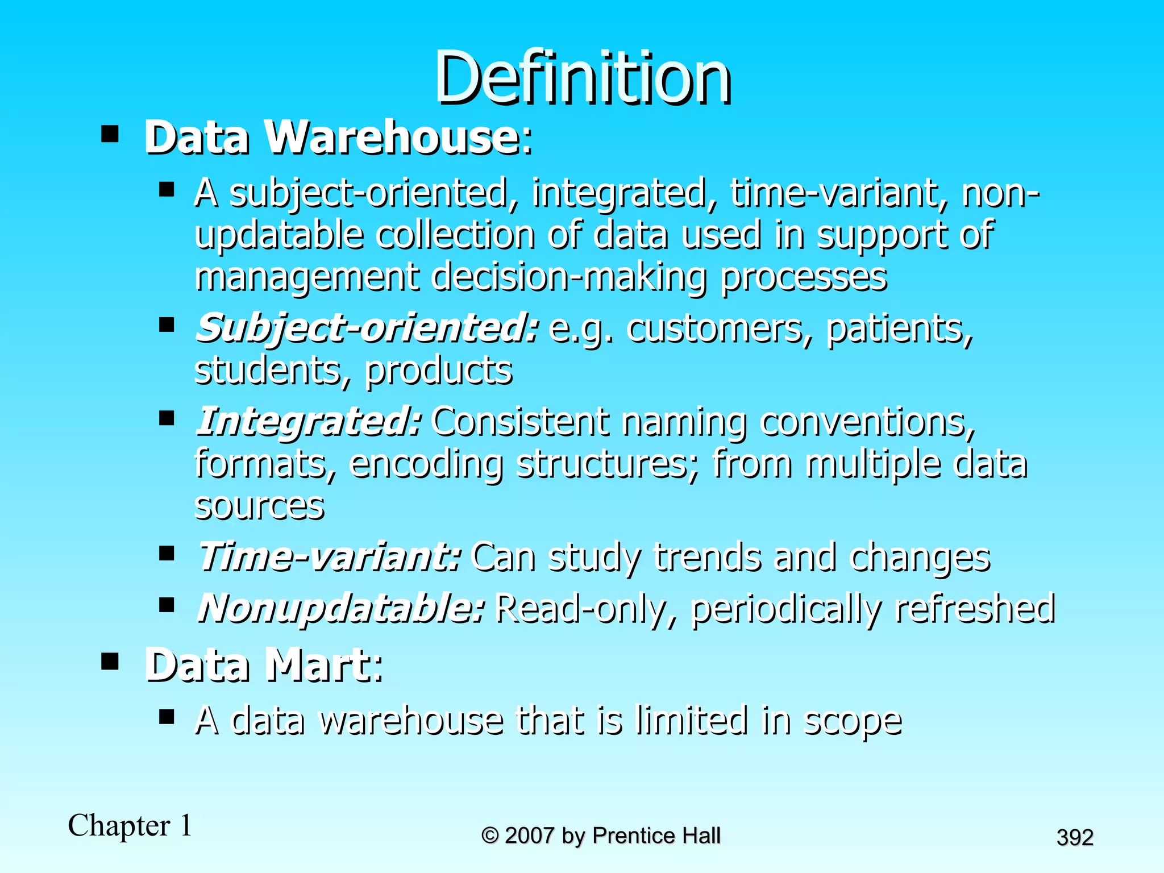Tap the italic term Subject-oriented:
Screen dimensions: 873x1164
(366, 329)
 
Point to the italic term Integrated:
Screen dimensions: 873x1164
(308, 422)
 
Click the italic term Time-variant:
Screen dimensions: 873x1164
(329, 557)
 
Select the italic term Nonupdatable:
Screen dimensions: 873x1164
(340, 608)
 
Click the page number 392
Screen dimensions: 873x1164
(1075, 838)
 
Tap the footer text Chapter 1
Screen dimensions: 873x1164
(130, 825)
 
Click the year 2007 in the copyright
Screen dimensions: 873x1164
(529, 835)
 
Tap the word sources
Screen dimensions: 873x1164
(259, 506)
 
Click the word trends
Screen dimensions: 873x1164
(708, 557)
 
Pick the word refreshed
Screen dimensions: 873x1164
(975, 608)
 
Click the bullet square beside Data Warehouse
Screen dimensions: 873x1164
(110, 135)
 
